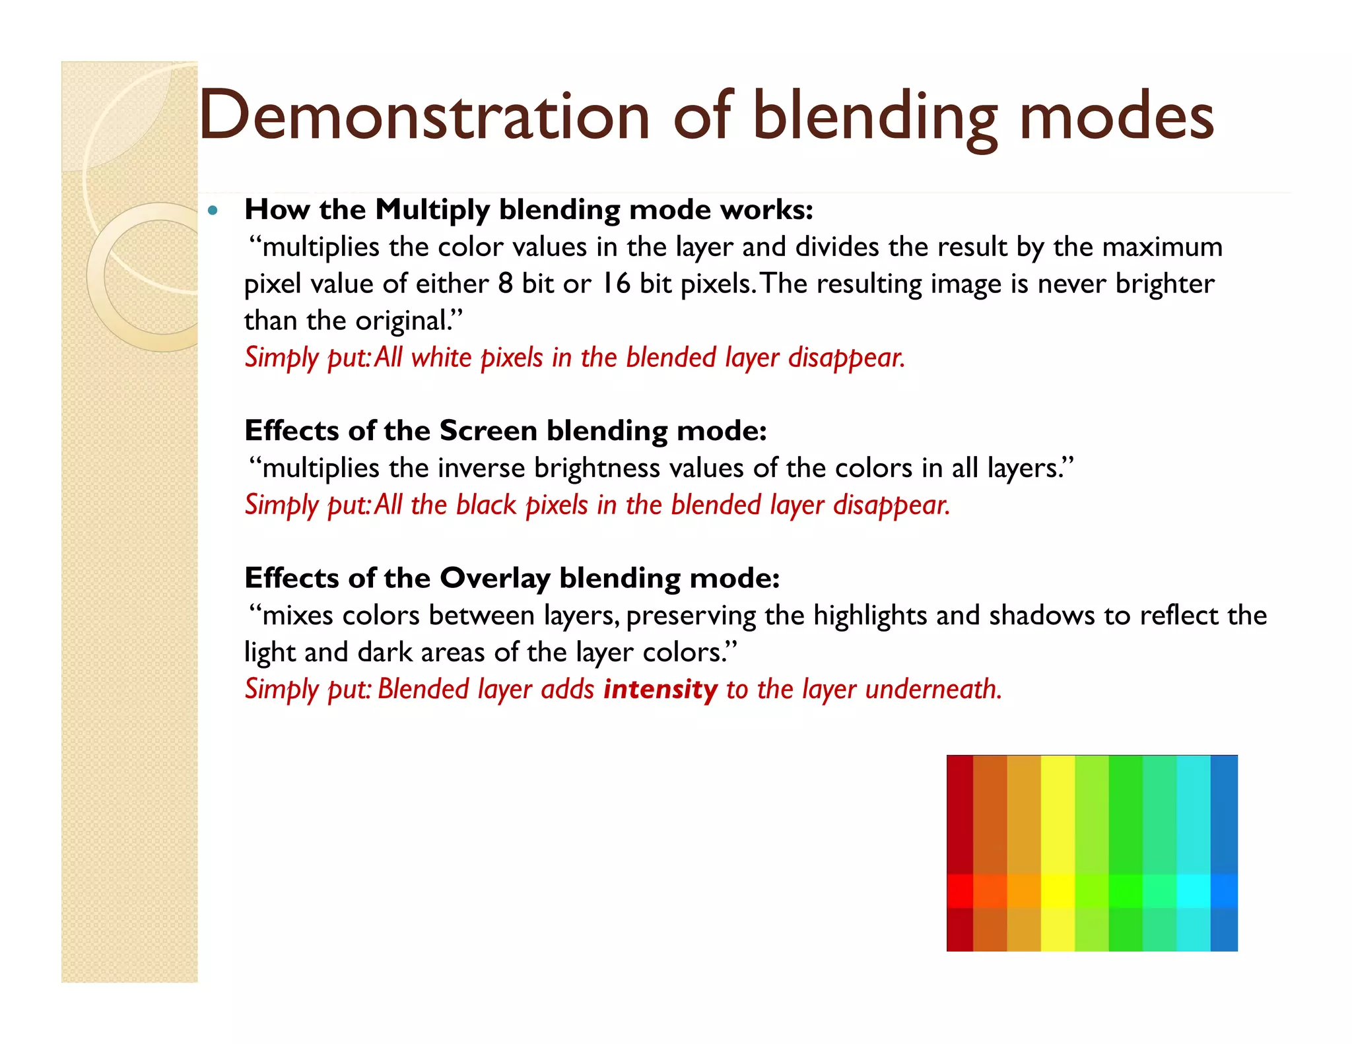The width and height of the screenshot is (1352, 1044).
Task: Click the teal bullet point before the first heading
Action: tap(212, 211)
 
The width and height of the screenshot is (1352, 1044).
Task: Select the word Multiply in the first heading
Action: tap(432, 211)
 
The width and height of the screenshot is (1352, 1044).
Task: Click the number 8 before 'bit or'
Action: tap(505, 284)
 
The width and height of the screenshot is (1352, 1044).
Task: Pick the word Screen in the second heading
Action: tap(488, 431)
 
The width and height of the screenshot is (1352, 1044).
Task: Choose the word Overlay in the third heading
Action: tap(494, 579)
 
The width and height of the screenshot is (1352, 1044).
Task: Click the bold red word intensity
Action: tap(660, 690)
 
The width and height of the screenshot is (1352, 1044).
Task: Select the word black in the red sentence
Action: tap(486, 506)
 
